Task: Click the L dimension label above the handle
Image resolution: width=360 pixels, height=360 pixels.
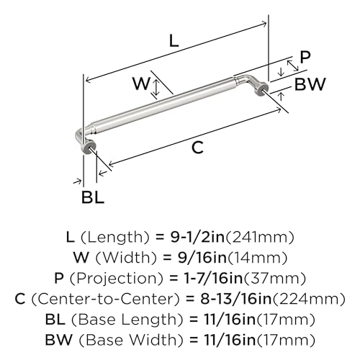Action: tap(174, 40)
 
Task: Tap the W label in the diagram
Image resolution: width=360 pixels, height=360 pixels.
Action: tap(142, 84)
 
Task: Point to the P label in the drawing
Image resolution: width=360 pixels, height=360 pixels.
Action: tap(305, 57)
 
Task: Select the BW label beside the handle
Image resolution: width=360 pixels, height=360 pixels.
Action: tap(310, 84)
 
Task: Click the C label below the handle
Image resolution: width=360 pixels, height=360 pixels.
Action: tap(198, 148)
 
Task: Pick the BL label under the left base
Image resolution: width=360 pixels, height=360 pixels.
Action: tap(93, 197)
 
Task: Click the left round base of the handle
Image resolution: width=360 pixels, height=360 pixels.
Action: tap(89, 146)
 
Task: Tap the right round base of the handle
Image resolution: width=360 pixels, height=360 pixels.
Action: tap(261, 89)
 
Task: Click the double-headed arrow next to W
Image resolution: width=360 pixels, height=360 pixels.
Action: tap(156, 88)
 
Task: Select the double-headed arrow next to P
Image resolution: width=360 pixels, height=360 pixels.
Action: tap(293, 65)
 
